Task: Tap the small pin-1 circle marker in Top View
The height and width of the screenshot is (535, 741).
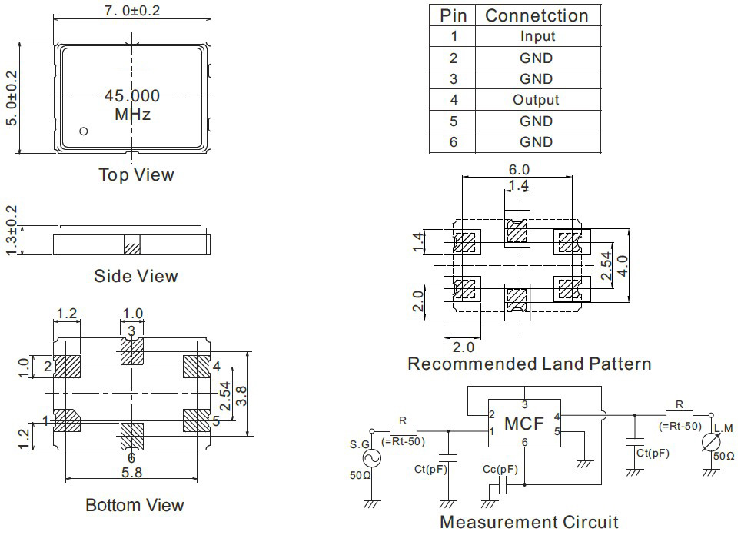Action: click(x=84, y=131)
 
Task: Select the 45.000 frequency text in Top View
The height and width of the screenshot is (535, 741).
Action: click(x=132, y=96)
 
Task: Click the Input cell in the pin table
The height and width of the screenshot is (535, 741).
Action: click(x=538, y=36)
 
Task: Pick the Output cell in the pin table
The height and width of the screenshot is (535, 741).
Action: click(x=536, y=100)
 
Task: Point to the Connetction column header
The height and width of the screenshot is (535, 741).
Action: click(x=537, y=15)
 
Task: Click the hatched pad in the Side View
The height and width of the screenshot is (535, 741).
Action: click(x=132, y=248)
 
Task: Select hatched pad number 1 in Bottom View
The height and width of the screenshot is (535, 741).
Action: click(x=67, y=420)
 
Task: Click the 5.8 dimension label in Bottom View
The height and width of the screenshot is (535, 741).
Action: click(x=131, y=472)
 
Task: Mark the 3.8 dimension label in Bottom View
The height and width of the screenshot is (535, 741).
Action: click(x=241, y=396)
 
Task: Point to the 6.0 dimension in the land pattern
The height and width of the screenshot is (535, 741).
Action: click(x=519, y=170)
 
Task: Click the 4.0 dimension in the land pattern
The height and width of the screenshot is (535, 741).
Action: click(x=623, y=266)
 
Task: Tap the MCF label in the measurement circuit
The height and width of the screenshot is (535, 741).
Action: click(x=524, y=424)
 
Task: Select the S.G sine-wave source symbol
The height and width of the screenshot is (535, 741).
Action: click(x=371, y=457)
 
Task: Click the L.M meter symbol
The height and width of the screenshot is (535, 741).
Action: click(x=711, y=442)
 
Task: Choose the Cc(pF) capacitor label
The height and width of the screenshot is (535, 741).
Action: click(x=500, y=470)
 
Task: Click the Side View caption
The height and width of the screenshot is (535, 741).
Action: click(x=136, y=276)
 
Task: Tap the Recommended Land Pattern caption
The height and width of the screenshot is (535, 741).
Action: click(x=530, y=364)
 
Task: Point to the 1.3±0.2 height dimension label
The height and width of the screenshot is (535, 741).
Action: click(x=12, y=230)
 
